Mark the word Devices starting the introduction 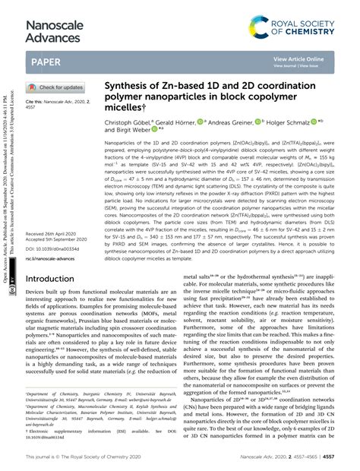37,271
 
